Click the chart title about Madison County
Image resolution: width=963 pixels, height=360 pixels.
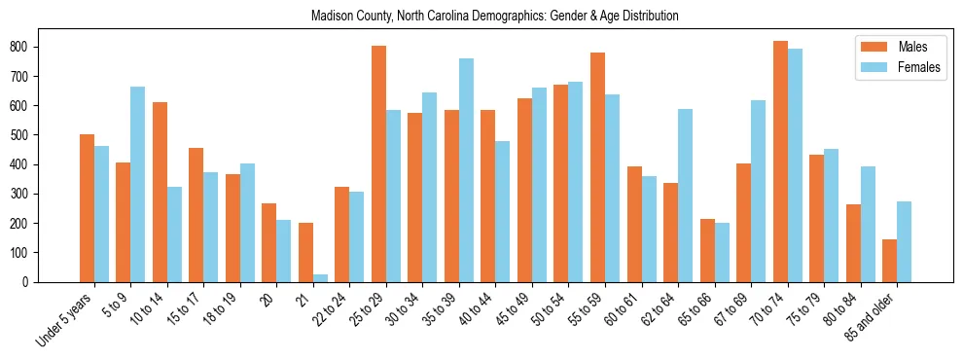tap(494, 17)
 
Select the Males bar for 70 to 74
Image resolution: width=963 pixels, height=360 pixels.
tap(780, 162)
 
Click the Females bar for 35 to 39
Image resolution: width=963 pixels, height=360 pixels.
tap(466, 170)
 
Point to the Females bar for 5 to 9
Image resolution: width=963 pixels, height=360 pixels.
tap(138, 184)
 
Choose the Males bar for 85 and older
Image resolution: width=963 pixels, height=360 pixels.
tap(889, 261)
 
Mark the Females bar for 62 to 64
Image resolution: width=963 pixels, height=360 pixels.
tap(685, 196)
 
